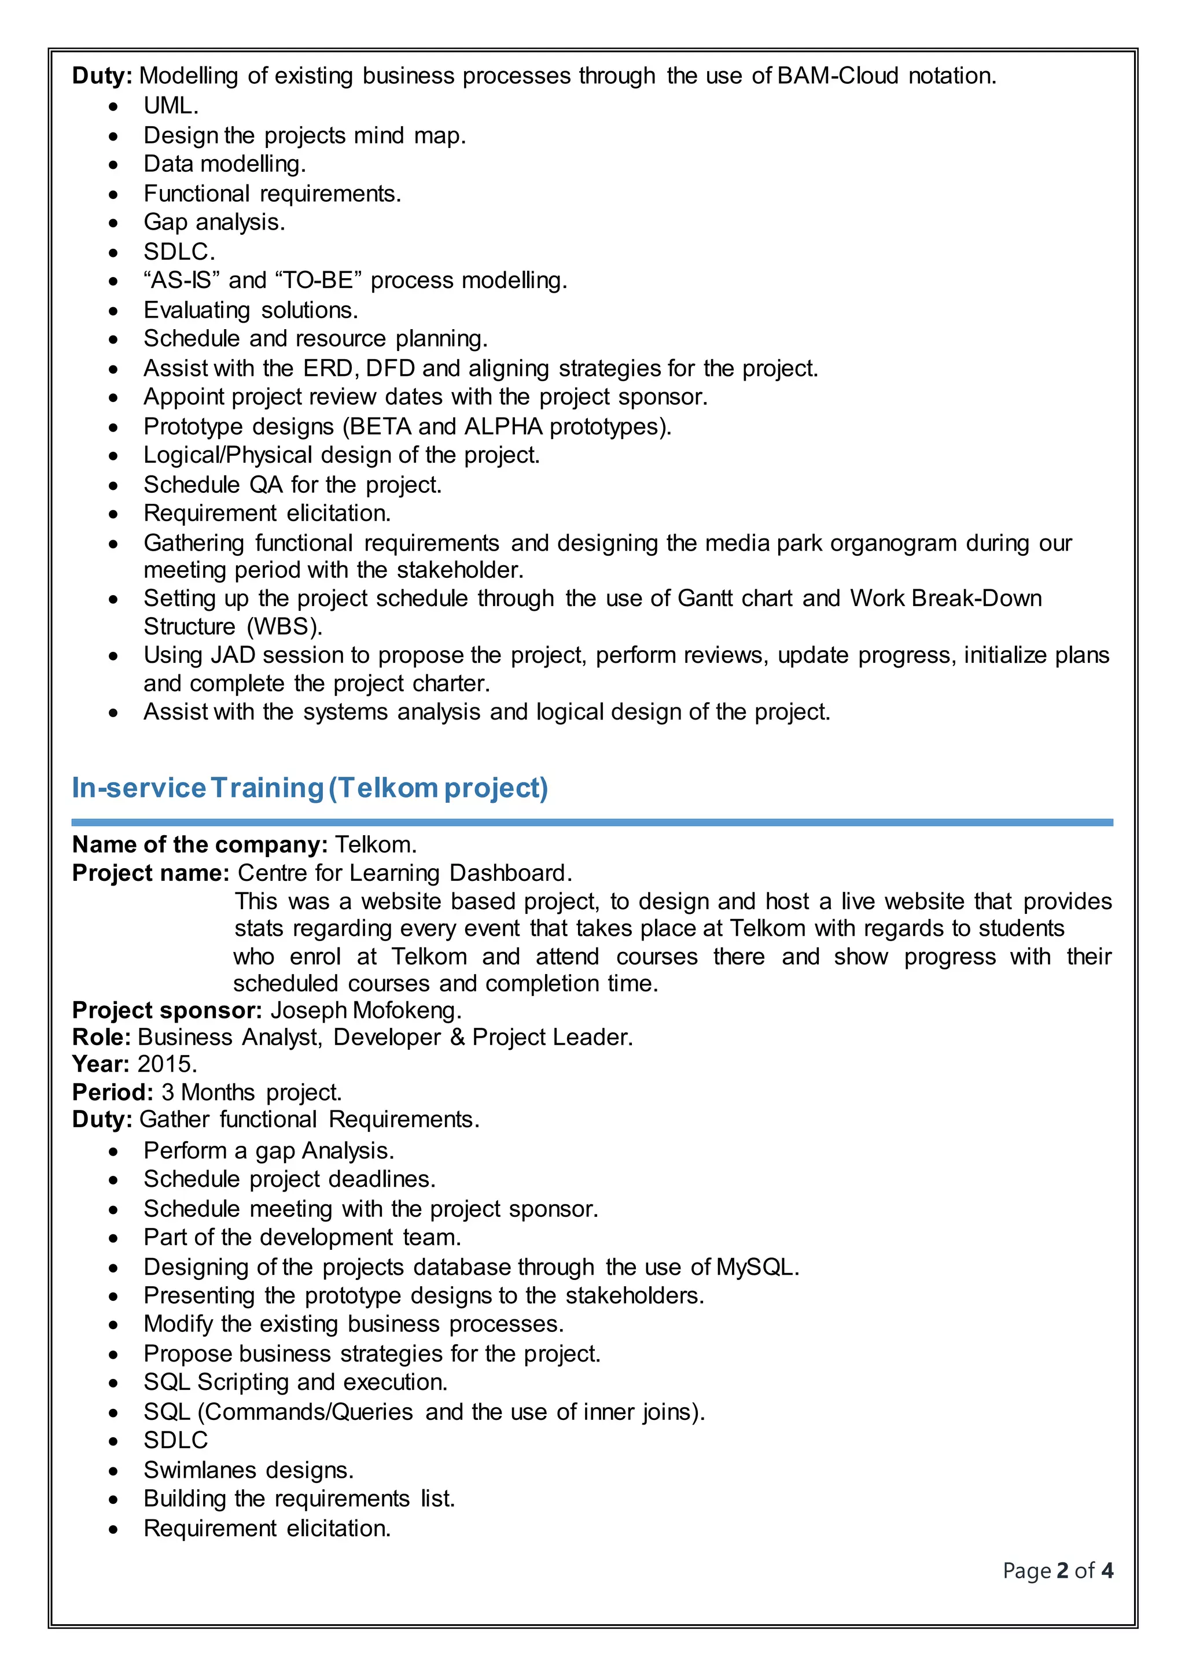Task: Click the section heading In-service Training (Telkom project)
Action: (310, 788)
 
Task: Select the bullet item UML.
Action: (171, 106)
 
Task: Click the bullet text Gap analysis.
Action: (214, 222)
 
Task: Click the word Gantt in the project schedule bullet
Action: (705, 598)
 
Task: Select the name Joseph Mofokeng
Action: (366, 1010)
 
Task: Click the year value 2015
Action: (167, 1064)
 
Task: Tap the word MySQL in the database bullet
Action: (756, 1267)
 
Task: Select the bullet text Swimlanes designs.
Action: (248, 1470)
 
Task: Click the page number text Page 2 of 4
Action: (1057, 1571)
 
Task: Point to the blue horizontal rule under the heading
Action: (592, 822)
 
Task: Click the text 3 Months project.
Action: (251, 1092)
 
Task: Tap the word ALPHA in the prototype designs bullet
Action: (503, 426)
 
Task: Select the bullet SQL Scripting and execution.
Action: (296, 1382)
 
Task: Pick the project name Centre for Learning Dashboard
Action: (404, 873)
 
